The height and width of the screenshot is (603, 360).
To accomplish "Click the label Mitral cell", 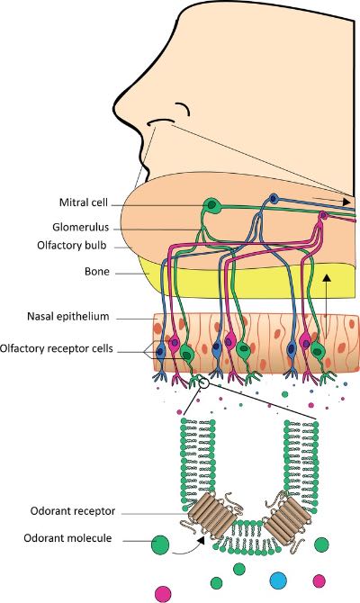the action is coord(84,202).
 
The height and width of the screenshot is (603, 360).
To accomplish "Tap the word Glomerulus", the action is coord(81,228).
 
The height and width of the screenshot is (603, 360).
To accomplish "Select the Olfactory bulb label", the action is coord(72,246).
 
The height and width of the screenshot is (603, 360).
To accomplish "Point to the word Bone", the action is coord(97,272).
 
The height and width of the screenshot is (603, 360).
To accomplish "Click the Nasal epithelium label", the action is coord(68,317).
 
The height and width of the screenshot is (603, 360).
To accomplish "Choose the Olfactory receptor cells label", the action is coord(57,348).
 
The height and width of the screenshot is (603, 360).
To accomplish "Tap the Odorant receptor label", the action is coord(73,511).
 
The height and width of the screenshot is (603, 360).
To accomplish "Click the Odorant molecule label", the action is coord(67,537).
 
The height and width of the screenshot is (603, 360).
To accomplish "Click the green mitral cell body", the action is coord(212,206).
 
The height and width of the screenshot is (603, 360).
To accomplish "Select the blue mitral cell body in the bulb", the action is coord(274,199).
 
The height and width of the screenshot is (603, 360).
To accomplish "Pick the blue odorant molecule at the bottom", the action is coord(278,580).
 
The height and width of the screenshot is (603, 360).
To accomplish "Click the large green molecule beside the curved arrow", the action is coord(160,544).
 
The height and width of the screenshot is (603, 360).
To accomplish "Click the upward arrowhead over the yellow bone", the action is coord(327,278).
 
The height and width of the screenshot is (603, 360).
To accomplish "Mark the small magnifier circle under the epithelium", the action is coord(204,383).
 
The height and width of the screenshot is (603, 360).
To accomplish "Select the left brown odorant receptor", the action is coord(211,515).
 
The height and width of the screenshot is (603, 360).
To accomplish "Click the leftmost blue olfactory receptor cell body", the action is coord(161,351).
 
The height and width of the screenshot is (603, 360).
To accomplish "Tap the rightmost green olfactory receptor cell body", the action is coord(318,350).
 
